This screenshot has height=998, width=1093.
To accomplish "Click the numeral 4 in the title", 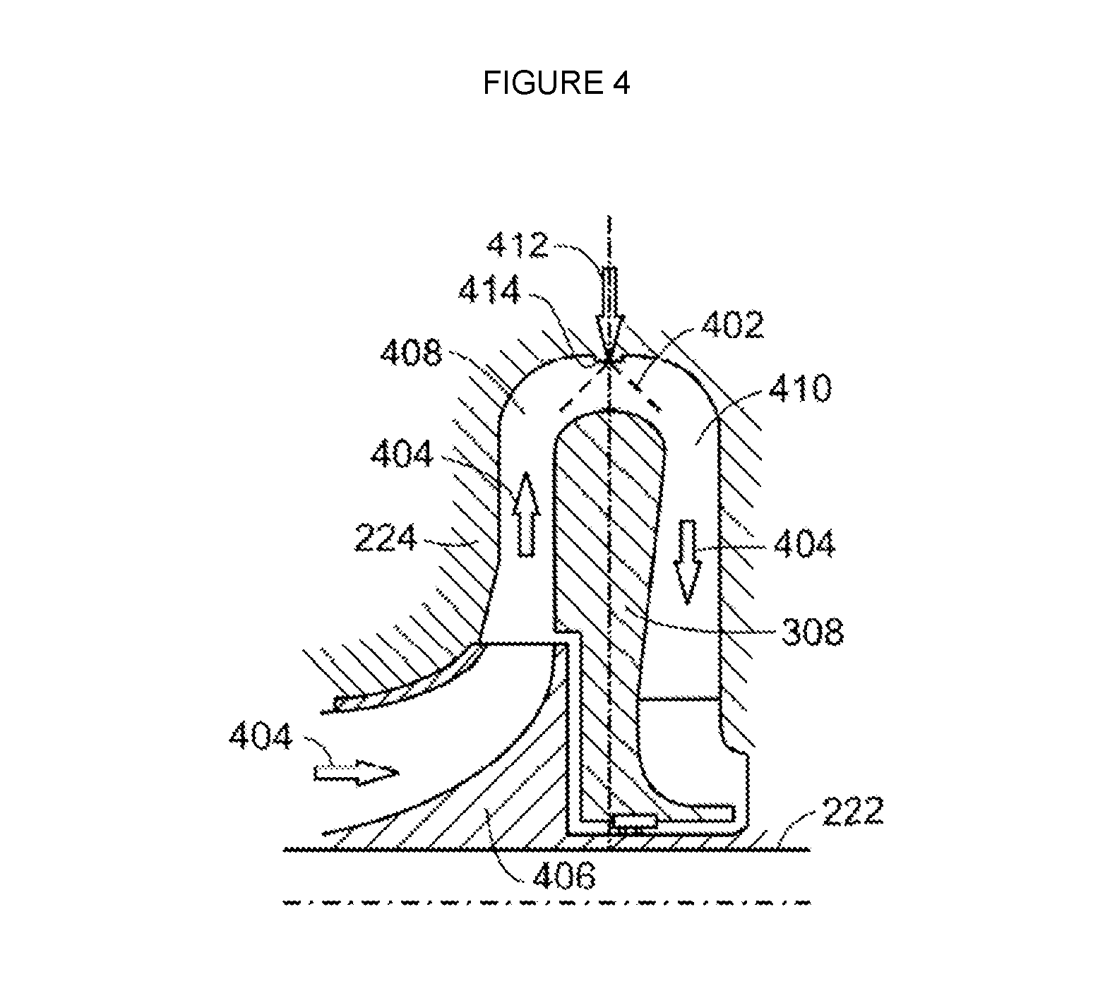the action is pyautogui.click(x=620, y=83).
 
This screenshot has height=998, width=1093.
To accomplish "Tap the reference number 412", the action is pyautogui.click(x=518, y=245).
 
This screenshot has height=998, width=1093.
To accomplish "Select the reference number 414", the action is pyautogui.click(x=489, y=289).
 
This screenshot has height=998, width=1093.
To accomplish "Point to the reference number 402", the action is pyautogui.click(x=732, y=325).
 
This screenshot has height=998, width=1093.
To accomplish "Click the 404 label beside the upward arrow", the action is pyautogui.click(x=401, y=455).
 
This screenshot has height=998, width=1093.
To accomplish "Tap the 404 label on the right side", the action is pyautogui.click(x=804, y=544).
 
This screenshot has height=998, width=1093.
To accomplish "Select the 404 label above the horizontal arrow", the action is pyautogui.click(x=260, y=738).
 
